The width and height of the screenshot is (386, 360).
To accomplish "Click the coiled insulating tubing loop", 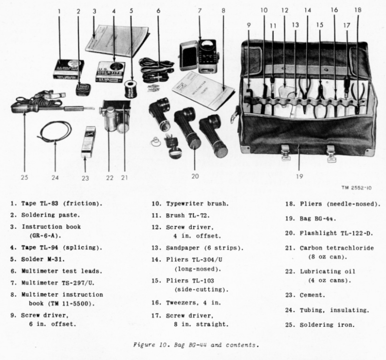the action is [55, 131].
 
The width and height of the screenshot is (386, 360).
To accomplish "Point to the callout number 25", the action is [25, 177].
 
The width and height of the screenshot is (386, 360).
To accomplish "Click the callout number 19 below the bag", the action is [299, 177].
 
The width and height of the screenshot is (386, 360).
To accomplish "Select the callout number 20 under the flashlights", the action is [195, 177].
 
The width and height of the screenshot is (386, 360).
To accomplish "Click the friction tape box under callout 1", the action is [68, 69].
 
